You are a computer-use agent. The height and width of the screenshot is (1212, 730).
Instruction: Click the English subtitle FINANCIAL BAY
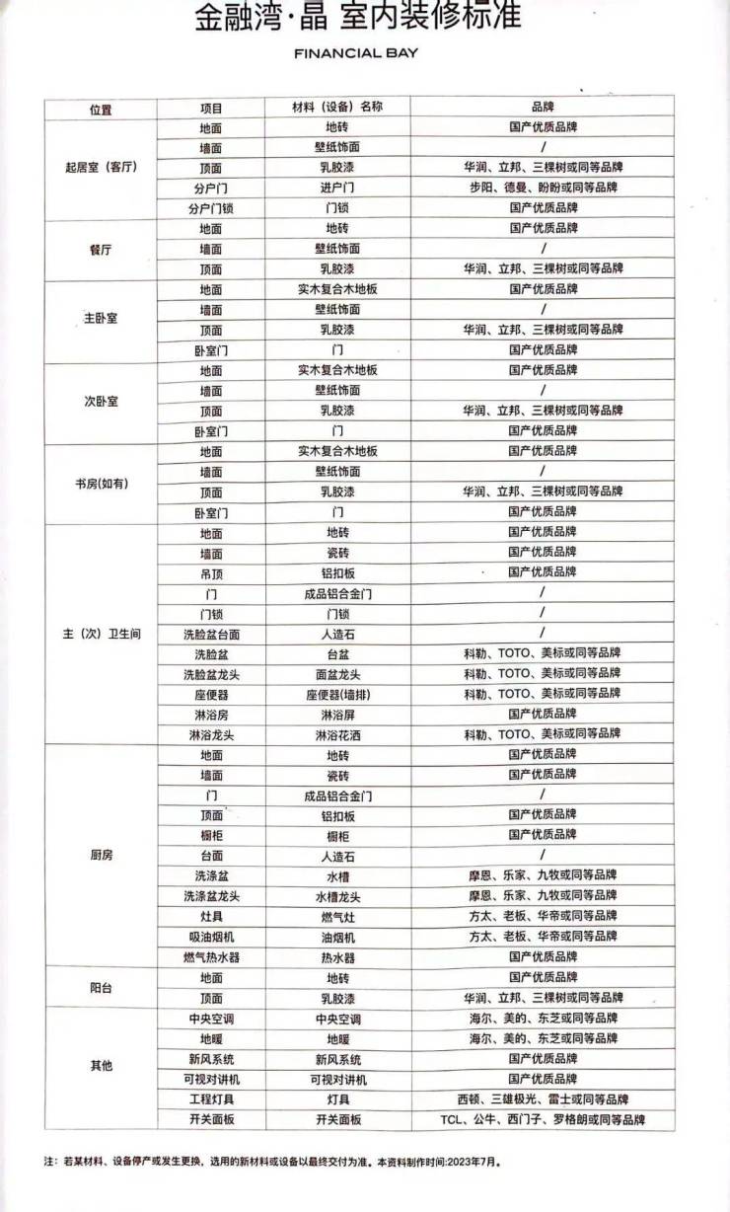point(356,53)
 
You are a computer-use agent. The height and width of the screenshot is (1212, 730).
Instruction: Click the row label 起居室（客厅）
point(100,168)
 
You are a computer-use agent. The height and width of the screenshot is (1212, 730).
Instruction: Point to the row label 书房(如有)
point(102,483)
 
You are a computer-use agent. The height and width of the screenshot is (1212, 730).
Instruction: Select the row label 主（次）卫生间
point(102,634)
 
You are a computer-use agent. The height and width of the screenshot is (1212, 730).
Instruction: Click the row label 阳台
point(101,987)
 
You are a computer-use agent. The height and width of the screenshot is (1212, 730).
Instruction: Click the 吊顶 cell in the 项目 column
point(211,572)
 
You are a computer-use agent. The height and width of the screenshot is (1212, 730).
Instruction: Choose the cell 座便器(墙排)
point(337,694)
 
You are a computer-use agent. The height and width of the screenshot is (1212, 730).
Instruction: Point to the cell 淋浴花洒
point(337,734)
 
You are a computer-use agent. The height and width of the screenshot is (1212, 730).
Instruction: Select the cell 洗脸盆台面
point(211,634)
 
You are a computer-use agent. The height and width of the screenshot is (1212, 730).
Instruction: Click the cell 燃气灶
point(337,916)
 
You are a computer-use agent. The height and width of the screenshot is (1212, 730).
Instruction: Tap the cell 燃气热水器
point(211,956)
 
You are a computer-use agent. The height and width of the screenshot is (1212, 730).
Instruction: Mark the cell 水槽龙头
point(337,896)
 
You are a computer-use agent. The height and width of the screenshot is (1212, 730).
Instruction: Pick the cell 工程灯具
point(211,1098)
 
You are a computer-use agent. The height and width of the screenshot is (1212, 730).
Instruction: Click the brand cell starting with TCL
point(543,1119)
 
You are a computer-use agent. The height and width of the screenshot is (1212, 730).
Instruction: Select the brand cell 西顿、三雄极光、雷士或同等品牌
point(543,1098)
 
